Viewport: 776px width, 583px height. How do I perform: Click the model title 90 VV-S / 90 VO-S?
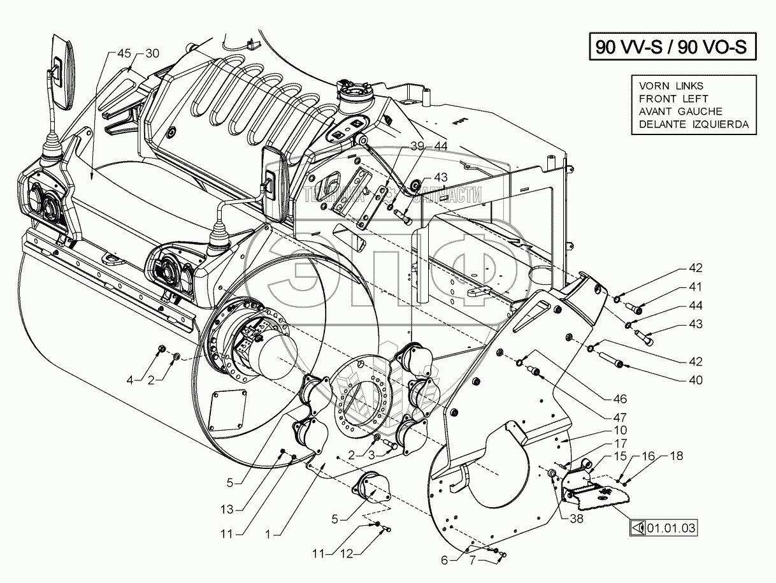[670, 47]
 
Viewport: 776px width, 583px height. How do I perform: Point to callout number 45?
[124, 54]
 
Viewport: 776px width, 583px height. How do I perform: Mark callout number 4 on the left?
[130, 380]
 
